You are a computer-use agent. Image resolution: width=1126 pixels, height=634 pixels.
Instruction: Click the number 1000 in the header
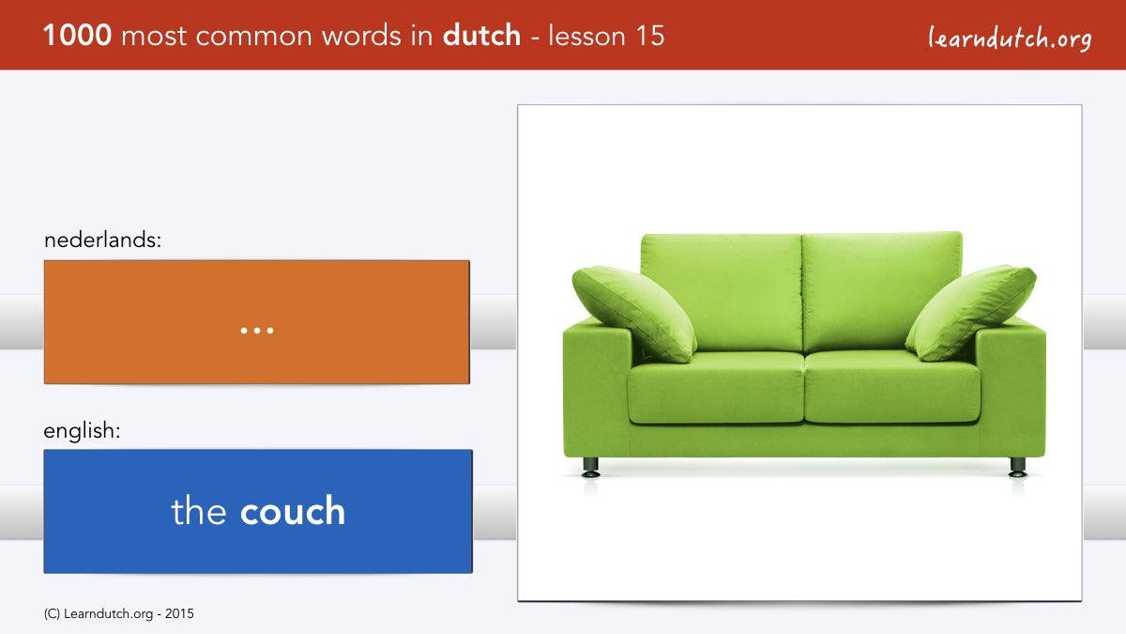point(77,36)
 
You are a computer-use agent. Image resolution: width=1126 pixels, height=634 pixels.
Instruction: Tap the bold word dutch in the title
point(481,36)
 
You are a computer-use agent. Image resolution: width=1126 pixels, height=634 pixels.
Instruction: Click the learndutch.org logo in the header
point(1010,39)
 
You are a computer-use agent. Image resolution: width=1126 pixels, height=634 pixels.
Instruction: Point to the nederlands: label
point(102,240)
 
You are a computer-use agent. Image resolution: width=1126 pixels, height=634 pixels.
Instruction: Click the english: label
point(82,431)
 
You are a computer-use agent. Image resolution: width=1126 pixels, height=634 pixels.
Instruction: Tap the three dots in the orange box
point(257,331)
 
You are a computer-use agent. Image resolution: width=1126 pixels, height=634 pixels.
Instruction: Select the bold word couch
point(293,511)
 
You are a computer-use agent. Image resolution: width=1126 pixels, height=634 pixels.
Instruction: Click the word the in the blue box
point(199,511)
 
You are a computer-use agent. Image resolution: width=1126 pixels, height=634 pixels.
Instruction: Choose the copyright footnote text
point(118,614)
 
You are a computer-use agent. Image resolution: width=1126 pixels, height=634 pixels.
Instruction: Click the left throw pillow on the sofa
point(634,314)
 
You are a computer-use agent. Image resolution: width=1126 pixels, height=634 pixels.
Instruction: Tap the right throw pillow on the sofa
point(970,312)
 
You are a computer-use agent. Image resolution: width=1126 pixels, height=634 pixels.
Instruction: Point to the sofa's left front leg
point(590,467)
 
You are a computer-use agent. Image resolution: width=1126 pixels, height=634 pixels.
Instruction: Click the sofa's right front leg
point(1017,467)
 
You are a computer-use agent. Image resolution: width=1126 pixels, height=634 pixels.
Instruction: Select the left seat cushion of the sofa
point(716,387)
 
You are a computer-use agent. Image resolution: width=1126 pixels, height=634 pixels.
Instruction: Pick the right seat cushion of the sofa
point(892,386)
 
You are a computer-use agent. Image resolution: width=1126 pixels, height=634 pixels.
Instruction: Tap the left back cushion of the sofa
point(722,292)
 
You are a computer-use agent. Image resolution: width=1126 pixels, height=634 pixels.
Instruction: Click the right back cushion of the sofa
point(882,291)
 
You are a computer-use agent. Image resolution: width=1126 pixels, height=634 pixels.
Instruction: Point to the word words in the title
point(362,36)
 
